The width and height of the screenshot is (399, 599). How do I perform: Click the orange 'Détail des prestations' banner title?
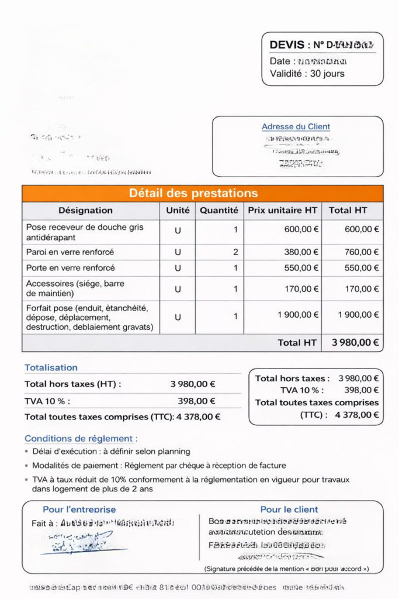coord(193,194)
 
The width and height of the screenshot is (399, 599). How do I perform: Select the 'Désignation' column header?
coord(85,211)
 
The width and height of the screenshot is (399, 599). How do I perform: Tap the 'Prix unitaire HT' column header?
coord(283,211)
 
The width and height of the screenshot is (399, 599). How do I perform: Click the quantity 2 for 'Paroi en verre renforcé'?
coord(235,252)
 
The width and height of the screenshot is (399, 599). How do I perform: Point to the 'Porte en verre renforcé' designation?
coord(71,268)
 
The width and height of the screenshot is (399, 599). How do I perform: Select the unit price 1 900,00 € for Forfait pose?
coord(298,315)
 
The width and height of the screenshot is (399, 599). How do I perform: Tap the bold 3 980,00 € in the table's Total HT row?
coord(355,343)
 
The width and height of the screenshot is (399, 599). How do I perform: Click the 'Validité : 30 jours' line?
coord(307,74)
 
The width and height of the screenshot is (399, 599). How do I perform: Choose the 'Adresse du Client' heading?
coord(296,126)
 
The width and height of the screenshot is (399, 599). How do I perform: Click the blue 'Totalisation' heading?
coord(51,367)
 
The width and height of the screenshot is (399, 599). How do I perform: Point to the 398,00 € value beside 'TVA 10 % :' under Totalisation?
coord(196,401)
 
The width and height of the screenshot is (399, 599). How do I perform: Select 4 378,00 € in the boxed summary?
coord(356,415)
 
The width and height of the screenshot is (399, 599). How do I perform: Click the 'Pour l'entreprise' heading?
coord(79,510)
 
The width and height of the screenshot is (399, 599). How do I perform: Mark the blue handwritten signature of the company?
coord(76,543)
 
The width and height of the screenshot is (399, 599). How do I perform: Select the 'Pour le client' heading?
coord(289,510)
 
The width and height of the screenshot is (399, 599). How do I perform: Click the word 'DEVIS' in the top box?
coord(287,45)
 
